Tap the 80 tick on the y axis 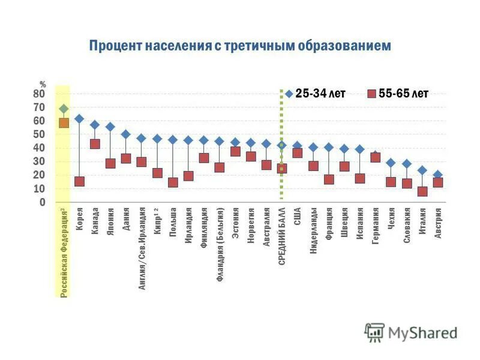38,94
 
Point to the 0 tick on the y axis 42,202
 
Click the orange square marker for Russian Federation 64,123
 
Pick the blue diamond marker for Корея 79,119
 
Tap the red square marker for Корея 79,181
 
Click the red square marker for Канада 95,144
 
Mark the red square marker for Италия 422,191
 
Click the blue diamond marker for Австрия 438,175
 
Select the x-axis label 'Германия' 376,225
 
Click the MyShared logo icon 375,332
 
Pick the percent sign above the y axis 43,85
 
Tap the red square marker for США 298,153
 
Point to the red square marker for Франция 329,179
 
